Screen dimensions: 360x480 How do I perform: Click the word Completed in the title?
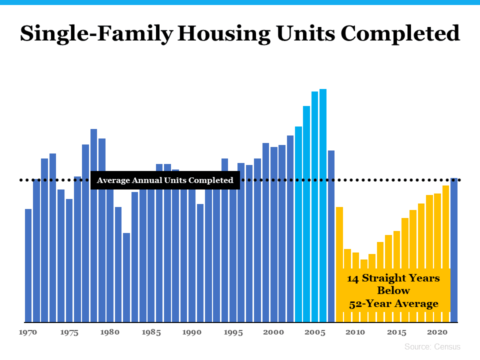point(400,34)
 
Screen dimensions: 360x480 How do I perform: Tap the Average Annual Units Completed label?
point(165,180)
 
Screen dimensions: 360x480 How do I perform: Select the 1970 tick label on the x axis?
point(28,332)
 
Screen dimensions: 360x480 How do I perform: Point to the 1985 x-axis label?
point(151,332)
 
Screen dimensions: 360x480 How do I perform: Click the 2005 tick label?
point(314,332)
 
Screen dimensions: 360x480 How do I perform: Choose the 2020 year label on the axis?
point(437,332)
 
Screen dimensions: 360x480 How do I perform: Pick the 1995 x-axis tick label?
point(233,332)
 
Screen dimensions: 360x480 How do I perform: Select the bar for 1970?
point(28,265)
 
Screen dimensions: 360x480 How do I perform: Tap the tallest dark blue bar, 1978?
point(93,225)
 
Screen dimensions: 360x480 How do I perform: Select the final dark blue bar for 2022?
point(454,250)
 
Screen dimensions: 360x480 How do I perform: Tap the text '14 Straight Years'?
point(393,278)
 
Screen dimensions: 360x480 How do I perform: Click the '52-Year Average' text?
point(393,303)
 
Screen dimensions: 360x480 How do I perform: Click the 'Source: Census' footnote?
point(432,346)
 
